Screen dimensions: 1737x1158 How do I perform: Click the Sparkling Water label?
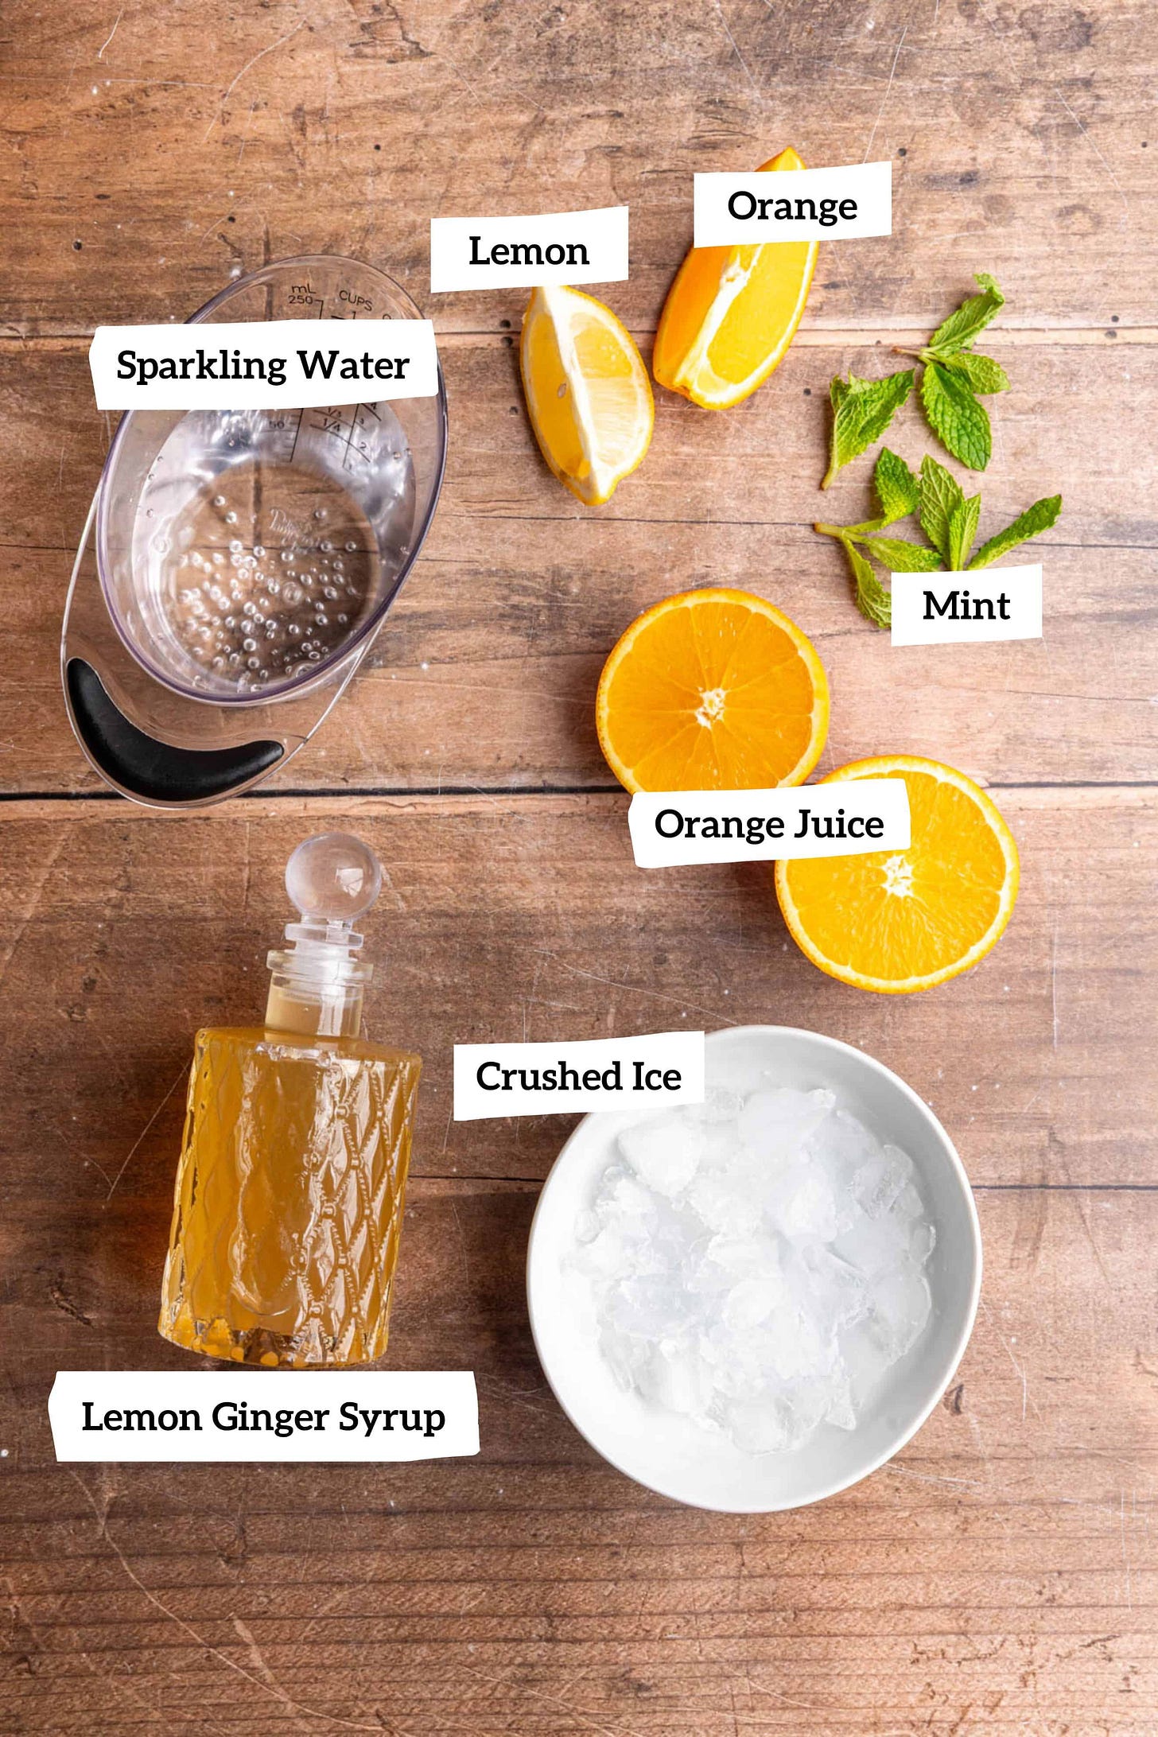tap(262, 366)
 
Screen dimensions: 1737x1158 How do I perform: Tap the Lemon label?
tap(529, 251)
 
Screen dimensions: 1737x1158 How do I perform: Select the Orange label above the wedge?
tap(792, 206)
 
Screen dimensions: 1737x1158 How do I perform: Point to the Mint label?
tap(966, 605)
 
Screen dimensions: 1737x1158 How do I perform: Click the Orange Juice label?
tap(769, 824)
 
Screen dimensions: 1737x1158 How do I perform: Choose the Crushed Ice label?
tap(578, 1076)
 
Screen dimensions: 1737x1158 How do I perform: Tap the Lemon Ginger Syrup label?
tap(263, 1417)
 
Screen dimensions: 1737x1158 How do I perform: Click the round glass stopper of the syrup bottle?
tap(333, 873)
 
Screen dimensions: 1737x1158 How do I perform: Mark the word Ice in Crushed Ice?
tap(657, 1076)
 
